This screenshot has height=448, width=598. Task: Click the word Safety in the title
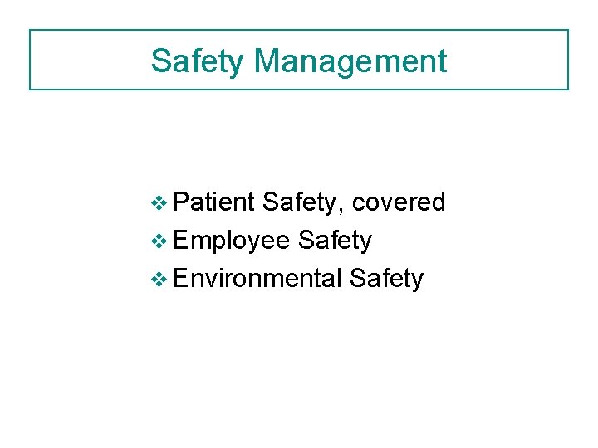[198, 61]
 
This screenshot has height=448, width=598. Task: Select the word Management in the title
[350, 61]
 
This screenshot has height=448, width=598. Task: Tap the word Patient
[215, 202]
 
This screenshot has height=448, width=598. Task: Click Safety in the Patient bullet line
[302, 202]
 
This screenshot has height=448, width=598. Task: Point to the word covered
[399, 202]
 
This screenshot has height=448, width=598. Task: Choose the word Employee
[233, 241]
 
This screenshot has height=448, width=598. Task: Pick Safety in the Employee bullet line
[335, 241]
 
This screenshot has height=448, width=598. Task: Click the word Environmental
[258, 278]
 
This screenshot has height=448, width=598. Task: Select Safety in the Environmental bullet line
[386, 279]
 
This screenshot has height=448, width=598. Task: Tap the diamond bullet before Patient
[162, 202]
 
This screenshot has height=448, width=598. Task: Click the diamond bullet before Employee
[162, 241]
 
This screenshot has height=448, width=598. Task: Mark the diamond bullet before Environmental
[162, 279]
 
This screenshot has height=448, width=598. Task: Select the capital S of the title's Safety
[160, 61]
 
